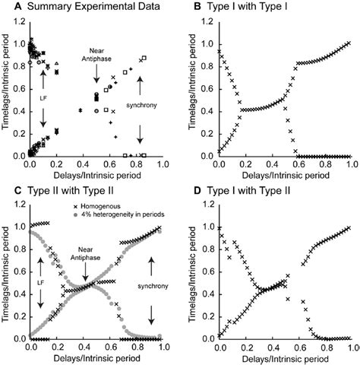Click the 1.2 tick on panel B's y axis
coord(209,19)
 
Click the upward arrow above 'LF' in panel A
coord(43,78)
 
